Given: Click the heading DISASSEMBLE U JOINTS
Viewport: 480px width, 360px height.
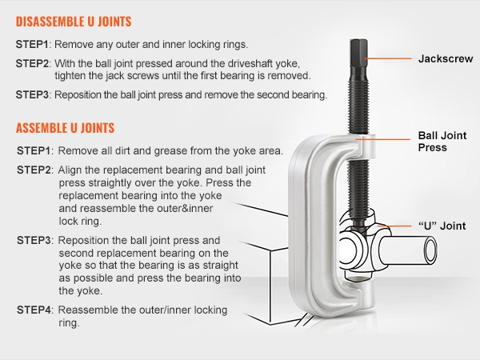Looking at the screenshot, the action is tap(74, 22).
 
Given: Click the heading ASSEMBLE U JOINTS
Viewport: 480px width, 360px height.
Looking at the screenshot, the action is tap(66, 128).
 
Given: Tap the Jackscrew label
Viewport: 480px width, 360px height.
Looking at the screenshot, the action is tap(446, 58).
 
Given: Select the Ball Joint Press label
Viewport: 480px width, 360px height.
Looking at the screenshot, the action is tap(442, 142).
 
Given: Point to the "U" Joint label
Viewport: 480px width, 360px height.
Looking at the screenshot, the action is tap(442, 226).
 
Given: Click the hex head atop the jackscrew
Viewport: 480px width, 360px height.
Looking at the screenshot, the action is tap(358, 52).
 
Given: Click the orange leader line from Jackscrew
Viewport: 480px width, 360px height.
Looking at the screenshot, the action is tap(387, 58).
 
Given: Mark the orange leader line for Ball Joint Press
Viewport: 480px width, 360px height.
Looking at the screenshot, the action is tap(383, 139).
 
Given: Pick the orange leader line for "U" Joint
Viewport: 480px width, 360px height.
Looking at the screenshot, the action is tap(395, 226).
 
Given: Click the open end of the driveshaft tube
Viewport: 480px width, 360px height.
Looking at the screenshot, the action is tap(430, 250).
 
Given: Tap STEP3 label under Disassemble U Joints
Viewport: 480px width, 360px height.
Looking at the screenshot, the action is tap(32, 94).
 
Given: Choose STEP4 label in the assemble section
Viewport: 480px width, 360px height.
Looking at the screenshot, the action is tap(33, 310).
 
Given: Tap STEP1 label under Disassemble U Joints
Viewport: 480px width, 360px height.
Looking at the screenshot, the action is tap(32, 44).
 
